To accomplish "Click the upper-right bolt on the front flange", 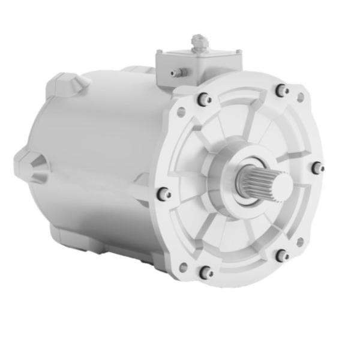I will pos(281,91).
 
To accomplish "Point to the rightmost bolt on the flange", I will pos(317,168).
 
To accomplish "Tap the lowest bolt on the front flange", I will pos(205,272).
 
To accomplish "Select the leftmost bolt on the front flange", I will pos(163,194).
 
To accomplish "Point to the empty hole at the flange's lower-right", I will pos(300,241).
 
